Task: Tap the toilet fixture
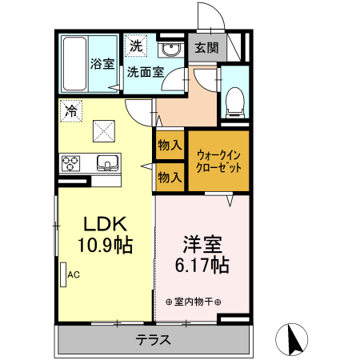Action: (235, 99)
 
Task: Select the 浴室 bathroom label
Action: (102, 63)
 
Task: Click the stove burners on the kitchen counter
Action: (70, 162)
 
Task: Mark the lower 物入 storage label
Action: (169, 176)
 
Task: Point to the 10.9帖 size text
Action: (103, 245)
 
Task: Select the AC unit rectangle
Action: (62, 274)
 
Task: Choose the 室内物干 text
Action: (194, 302)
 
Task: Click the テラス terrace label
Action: (152, 339)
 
